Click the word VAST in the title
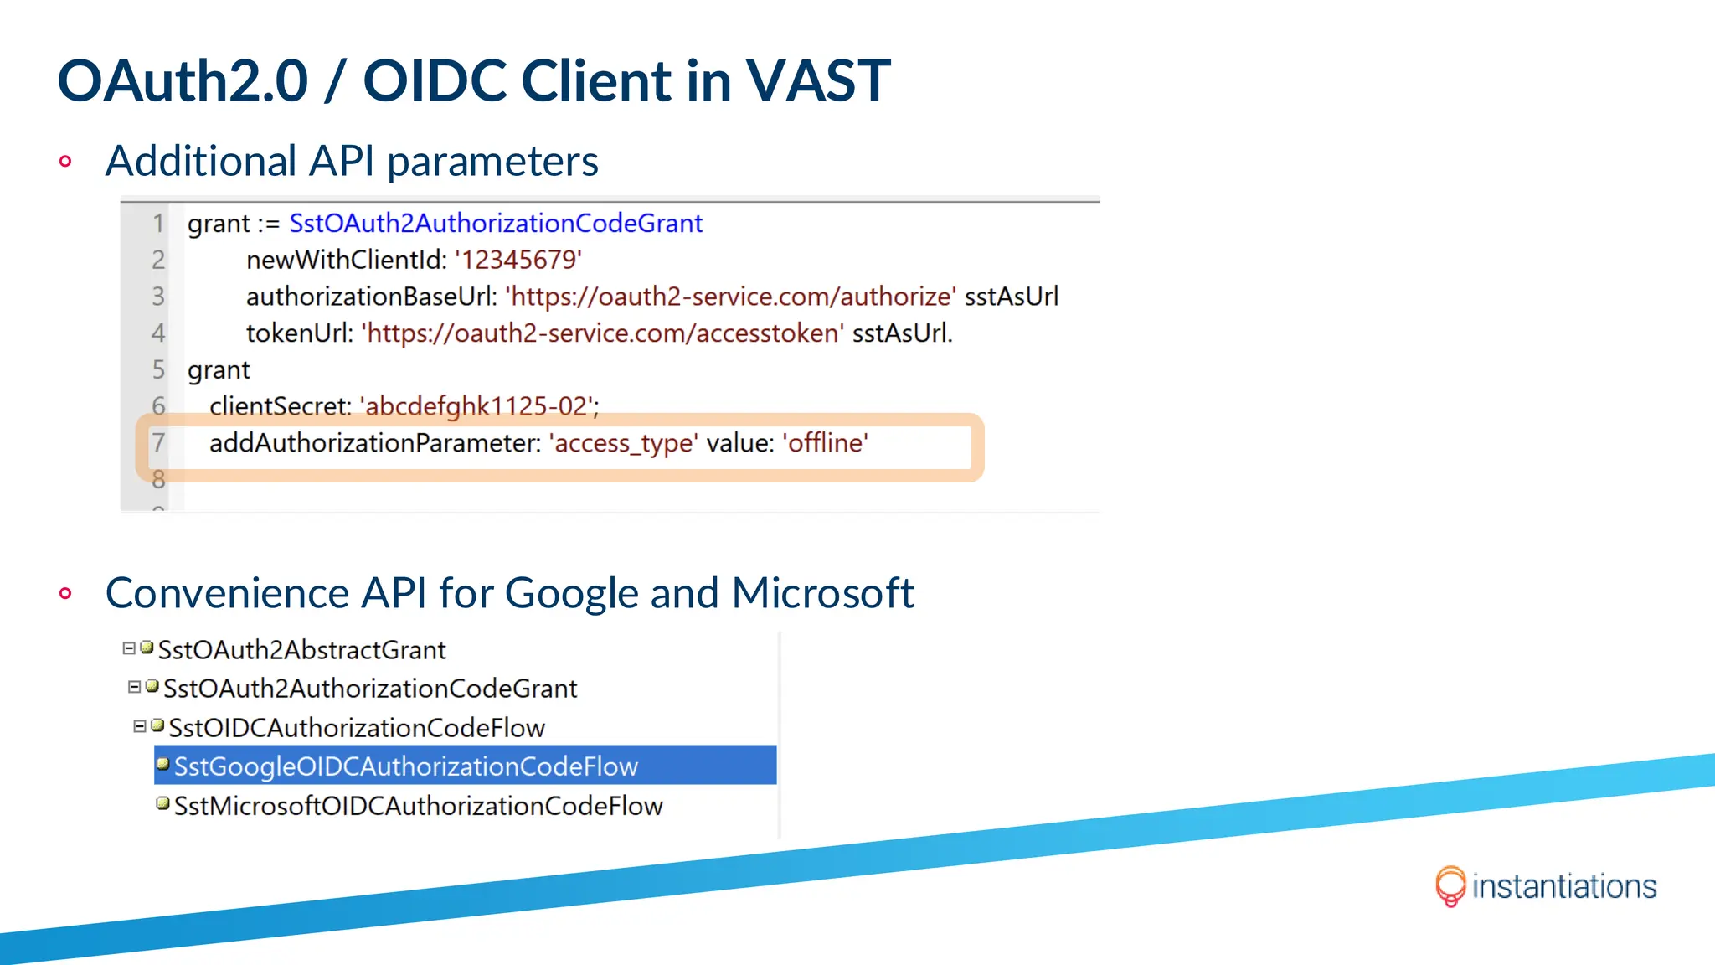[817, 81]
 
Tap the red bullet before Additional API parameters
[65, 161]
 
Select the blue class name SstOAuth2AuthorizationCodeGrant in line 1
[496, 224]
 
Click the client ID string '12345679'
[518, 260]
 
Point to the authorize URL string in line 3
[731, 297]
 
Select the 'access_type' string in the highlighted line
[624, 443]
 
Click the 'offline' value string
[826, 443]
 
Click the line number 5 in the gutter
[158, 369]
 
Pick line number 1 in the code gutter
[158, 224]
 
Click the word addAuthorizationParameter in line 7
[374, 443]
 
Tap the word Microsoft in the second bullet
[822, 593]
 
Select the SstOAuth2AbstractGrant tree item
[301, 650]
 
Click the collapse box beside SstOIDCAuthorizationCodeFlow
[140, 726]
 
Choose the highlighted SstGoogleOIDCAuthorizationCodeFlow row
[406, 766]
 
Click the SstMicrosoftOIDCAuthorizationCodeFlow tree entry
[418, 806]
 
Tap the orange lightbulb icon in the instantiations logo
[1450, 885]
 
